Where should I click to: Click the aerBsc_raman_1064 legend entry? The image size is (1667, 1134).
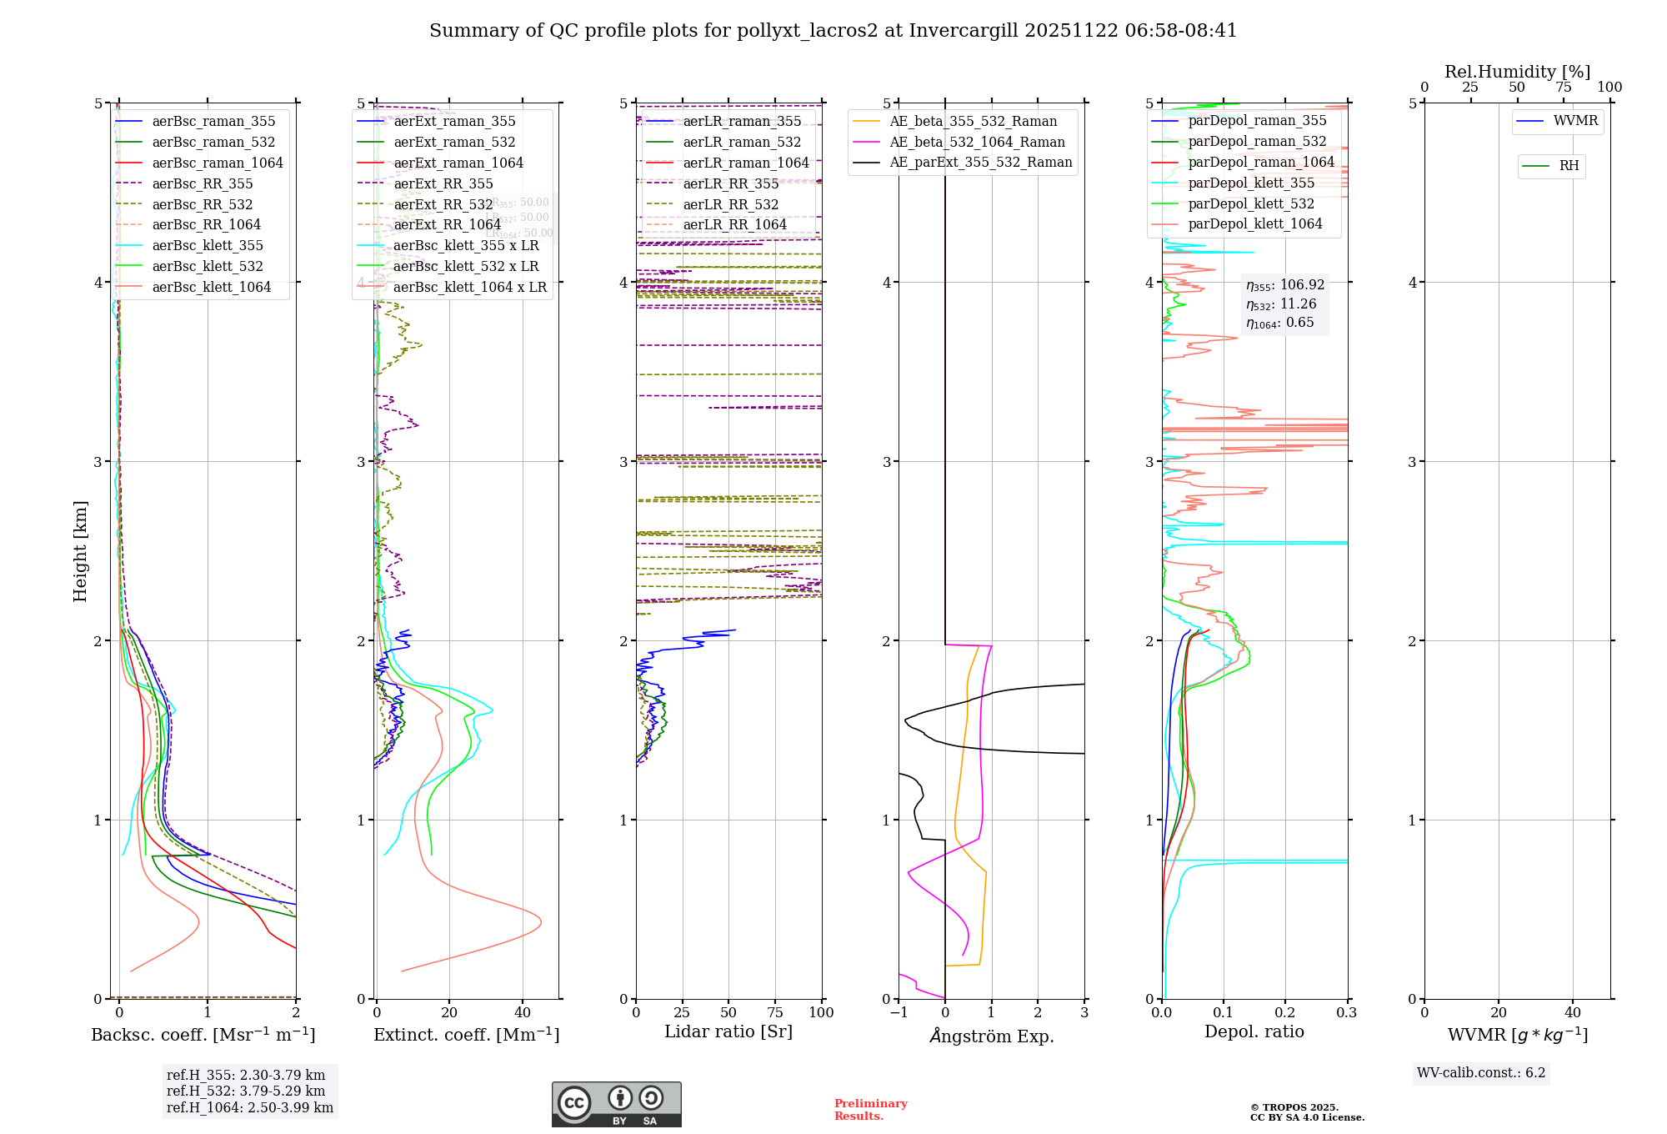pyautogui.click(x=218, y=163)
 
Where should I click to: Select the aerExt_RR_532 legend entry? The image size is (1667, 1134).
pyautogui.click(x=443, y=204)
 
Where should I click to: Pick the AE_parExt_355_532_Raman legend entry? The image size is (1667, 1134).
pyautogui.click(x=980, y=163)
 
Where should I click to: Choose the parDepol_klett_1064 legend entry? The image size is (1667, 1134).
pyautogui.click(x=1255, y=224)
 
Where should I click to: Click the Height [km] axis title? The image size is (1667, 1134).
pyautogui.click(x=80, y=551)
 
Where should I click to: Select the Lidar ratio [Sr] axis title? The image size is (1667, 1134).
pyautogui.click(x=728, y=1032)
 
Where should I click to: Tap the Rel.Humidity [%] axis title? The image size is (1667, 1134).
pyautogui.click(x=1517, y=72)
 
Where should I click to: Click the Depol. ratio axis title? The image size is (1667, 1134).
pyautogui.click(x=1254, y=1032)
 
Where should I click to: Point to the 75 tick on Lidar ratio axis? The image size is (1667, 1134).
pyautogui.click(x=775, y=1013)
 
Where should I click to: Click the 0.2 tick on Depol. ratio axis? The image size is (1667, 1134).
pyautogui.click(x=1285, y=1013)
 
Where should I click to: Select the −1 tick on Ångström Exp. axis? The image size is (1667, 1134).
pyautogui.click(x=899, y=1013)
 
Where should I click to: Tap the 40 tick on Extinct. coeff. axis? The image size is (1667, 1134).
pyautogui.click(x=523, y=1013)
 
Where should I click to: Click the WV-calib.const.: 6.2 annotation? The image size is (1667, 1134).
pyautogui.click(x=1481, y=1073)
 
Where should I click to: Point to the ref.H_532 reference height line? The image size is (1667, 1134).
pyautogui.click(x=246, y=1091)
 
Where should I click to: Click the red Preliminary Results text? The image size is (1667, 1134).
pyautogui.click(x=870, y=1110)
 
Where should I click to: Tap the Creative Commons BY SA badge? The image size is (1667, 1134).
pyautogui.click(x=616, y=1105)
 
